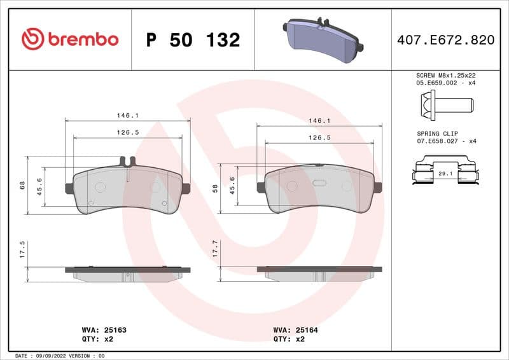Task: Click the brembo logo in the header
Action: (70, 39)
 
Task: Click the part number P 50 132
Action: (193, 40)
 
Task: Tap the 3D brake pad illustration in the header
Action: (323, 39)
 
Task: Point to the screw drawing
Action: (445, 103)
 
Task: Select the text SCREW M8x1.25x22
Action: (445, 75)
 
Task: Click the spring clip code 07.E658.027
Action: (445, 141)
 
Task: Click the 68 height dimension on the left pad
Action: (22, 185)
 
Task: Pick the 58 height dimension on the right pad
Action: (216, 188)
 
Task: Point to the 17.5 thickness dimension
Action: (22, 249)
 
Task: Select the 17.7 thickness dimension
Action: (216, 248)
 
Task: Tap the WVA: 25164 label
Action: (296, 330)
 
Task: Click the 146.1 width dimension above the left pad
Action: (127, 115)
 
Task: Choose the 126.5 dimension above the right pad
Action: (319, 137)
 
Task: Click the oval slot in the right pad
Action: (319, 184)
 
